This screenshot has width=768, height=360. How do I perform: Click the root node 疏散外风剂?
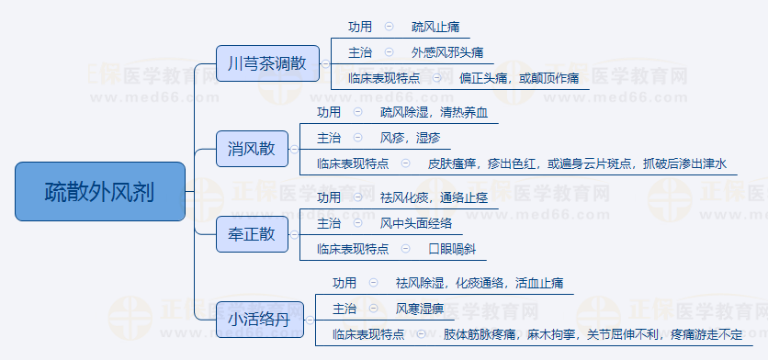click(x=100, y=192)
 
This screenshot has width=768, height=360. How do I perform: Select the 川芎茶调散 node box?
click(x=267, y=64)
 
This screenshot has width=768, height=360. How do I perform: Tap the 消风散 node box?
click(x=251, y=149)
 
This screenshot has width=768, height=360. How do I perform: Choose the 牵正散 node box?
click(x=251, y=234)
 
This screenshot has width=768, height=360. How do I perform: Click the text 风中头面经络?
click(x=416, y=223)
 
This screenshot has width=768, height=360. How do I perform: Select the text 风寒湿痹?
click(x=421, y=308)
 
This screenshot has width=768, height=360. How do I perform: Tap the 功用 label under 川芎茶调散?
click(x=361, y=27)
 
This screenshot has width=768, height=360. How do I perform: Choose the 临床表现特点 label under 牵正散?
click(x=353, y=249)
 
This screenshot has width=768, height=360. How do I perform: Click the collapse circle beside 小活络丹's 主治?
click(x=375, y=308)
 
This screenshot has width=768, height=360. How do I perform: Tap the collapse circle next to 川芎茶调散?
click(x=324, y=64)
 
